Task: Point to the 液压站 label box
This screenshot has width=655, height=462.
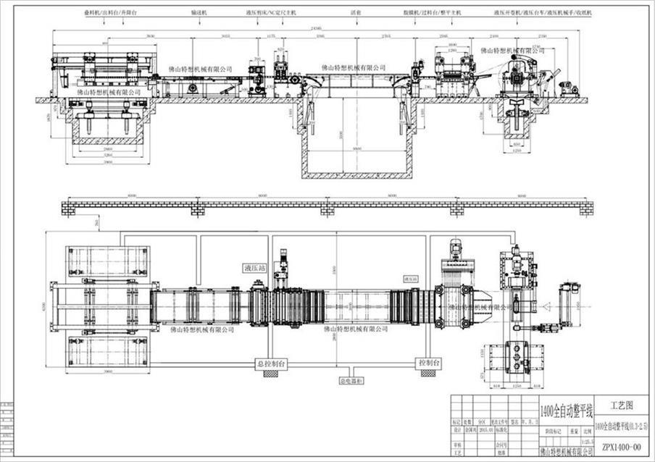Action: [254, 268]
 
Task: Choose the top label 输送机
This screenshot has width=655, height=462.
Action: [200, 13]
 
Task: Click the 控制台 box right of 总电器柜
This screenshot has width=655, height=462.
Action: [427, 361]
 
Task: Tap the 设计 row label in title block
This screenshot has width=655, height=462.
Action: [456, 429]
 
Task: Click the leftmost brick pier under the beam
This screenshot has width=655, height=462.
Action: [69, 209]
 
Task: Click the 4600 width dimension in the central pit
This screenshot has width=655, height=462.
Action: [354, 148]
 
